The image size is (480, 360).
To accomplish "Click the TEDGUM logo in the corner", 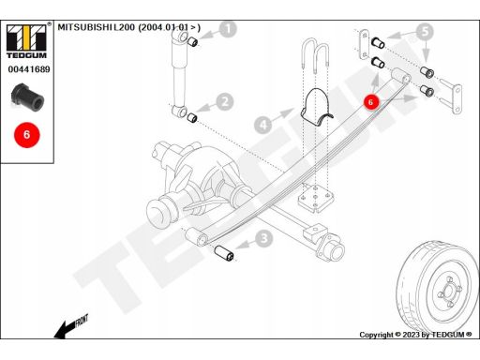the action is (x=26, y=41).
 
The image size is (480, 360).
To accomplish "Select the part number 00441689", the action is (x=29, y=69).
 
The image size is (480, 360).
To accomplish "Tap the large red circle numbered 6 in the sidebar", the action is (x=26, y=135).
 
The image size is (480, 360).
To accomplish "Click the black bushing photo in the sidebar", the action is (x=27, y=97).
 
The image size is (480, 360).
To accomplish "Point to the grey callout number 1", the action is (x=229, y=29).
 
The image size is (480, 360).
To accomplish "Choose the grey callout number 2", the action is (x=225, y=102).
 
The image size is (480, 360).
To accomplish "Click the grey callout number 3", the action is (x=264, y=238).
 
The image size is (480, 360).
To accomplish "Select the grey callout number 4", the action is (x=262, y=125).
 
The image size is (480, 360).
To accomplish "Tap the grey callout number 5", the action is (x=425, y=32).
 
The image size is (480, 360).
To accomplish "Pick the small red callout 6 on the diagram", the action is (x=371, y=102).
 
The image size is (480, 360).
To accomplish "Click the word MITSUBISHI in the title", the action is (x=85, y=27).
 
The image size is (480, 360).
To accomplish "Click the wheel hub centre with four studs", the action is (x=449, y=291).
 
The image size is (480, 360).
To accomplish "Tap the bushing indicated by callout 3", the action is (x=224, y=253).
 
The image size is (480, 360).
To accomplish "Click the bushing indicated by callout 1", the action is (x=193, y=41).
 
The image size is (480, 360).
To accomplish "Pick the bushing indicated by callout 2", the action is (x=191, y=118).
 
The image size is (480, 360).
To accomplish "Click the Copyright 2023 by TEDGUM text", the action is (x=415, y=335).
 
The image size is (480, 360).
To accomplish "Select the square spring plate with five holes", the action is (x=316, y=199).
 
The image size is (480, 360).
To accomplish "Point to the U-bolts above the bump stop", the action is (x=316, y=55).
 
